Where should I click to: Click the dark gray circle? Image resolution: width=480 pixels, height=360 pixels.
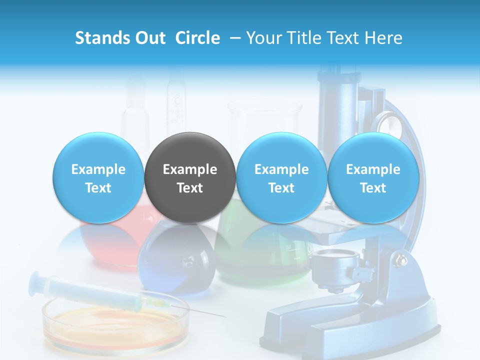pos(190,177)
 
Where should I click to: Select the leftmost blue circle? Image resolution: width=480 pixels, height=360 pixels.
pos(98,177)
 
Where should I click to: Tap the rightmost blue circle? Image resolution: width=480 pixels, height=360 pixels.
pos(373,177)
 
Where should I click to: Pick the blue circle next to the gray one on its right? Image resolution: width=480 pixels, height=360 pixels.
pos(281,177)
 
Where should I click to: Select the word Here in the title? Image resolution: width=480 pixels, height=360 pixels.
pos(384,38)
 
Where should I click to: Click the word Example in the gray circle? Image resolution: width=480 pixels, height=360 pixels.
pos(190,169)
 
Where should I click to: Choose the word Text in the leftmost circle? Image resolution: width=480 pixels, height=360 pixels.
pos(98,188)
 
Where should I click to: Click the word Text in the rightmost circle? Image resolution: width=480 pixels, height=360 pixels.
pos(373,188)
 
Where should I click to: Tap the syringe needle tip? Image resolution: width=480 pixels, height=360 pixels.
pos(224,316)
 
